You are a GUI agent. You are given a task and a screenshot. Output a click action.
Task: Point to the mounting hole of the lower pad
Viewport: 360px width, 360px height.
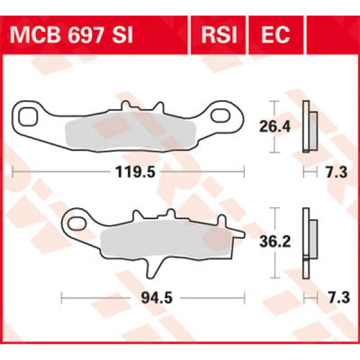(77, 224)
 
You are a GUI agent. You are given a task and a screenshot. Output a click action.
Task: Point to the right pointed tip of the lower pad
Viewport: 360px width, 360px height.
(241, 232)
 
